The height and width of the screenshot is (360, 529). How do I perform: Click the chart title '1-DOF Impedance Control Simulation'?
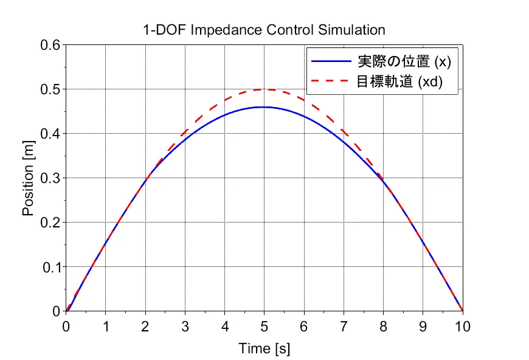pyautogui.click(x=264, y=29)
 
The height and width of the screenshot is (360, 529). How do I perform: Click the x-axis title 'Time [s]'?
pyautogui.click(x=264, y=348)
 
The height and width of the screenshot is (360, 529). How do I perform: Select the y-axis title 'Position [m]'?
pyautogui.click(x=28, y=178)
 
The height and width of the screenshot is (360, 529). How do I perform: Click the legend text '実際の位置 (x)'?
pyautogui.click(x=403, y=61)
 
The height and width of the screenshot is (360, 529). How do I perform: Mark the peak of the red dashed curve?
pyautogui.click(x=264, y=89)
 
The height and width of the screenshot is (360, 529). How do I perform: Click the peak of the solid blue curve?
pyautogui.click(x=263, y=107)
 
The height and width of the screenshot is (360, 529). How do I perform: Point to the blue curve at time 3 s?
pyautogui.click(x=185, y=139)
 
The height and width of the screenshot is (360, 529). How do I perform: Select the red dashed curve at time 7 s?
pyautogui.click(x=344, y=131)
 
